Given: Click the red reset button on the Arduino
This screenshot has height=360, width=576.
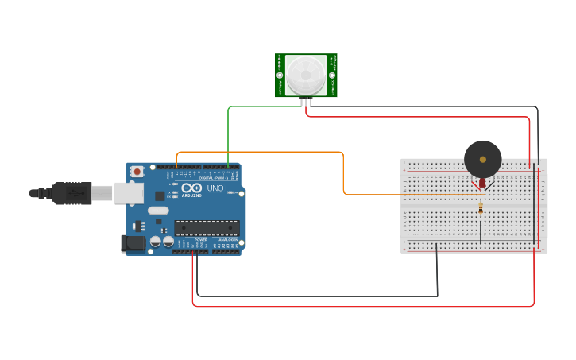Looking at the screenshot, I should [137, 171].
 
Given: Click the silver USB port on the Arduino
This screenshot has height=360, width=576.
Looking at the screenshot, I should [127, 192].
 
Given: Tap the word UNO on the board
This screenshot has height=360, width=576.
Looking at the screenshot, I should [215, 188].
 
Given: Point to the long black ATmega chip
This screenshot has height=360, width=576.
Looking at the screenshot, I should [207, 228].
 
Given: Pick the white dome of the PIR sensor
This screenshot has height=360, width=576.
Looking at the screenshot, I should [306, 74].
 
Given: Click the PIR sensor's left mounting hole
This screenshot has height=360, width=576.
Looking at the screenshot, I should [280, 75].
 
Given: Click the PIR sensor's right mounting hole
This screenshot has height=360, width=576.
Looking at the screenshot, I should [333, 75].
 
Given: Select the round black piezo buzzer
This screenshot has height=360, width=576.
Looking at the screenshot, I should [482, 159].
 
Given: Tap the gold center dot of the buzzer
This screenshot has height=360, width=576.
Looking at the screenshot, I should [482, 159].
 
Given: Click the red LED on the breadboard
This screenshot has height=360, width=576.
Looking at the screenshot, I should [483, 184].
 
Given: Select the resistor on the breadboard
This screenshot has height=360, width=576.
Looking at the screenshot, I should [481, 208].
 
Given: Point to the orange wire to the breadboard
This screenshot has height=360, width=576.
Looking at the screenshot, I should [343, 171].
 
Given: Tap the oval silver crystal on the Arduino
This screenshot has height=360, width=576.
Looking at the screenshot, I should [158, 211].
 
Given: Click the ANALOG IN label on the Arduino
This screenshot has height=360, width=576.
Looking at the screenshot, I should [227, 239].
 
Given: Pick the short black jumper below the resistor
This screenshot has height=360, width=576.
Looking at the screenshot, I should [480, 232].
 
